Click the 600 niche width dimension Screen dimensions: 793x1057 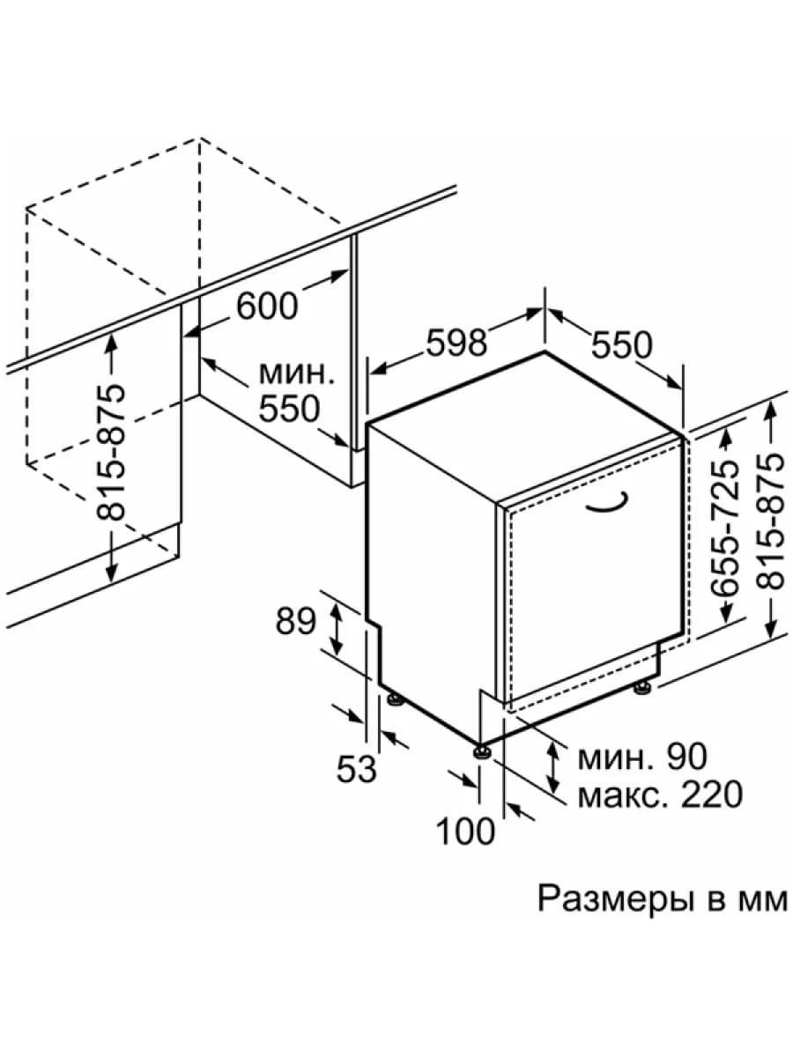point(267,307)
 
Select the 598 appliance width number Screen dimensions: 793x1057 point(457,343)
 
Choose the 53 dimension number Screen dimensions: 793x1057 point(356,769)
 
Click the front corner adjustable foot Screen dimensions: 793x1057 point(482,751)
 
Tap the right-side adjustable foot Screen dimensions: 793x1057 point(641,688)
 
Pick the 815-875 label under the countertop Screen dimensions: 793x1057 point(110,452)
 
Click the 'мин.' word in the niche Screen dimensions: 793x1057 point(296,373)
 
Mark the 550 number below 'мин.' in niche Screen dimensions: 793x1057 point(289,409)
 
